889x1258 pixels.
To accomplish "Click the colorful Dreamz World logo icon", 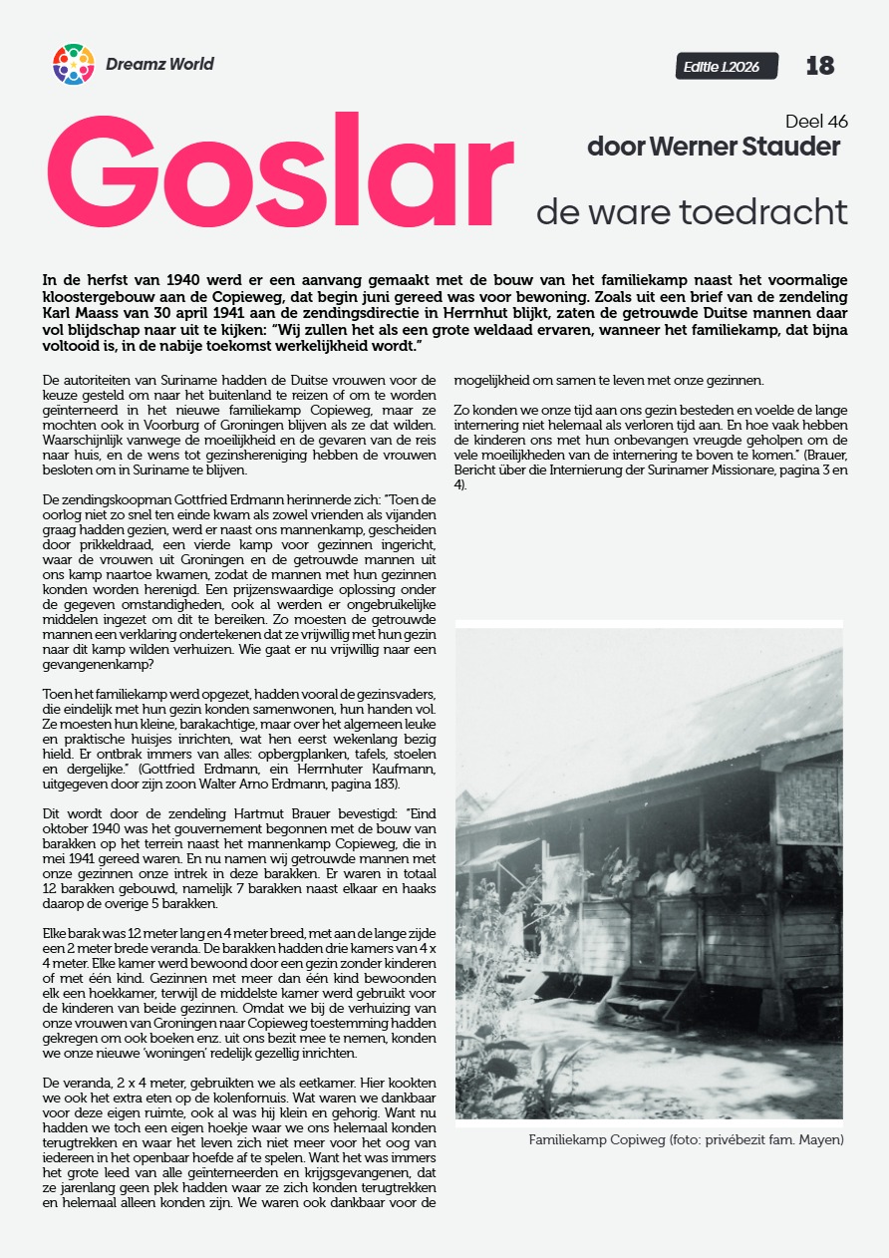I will (73, 65).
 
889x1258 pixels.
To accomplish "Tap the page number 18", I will (819, 66).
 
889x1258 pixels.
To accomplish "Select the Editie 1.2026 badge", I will (726, 67).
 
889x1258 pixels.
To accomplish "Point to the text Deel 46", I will (816, 122).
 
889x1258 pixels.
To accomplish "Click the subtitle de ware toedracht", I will (692, 211).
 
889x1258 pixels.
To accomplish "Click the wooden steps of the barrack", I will (649, 991).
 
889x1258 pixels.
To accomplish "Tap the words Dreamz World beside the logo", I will (159, 65).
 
